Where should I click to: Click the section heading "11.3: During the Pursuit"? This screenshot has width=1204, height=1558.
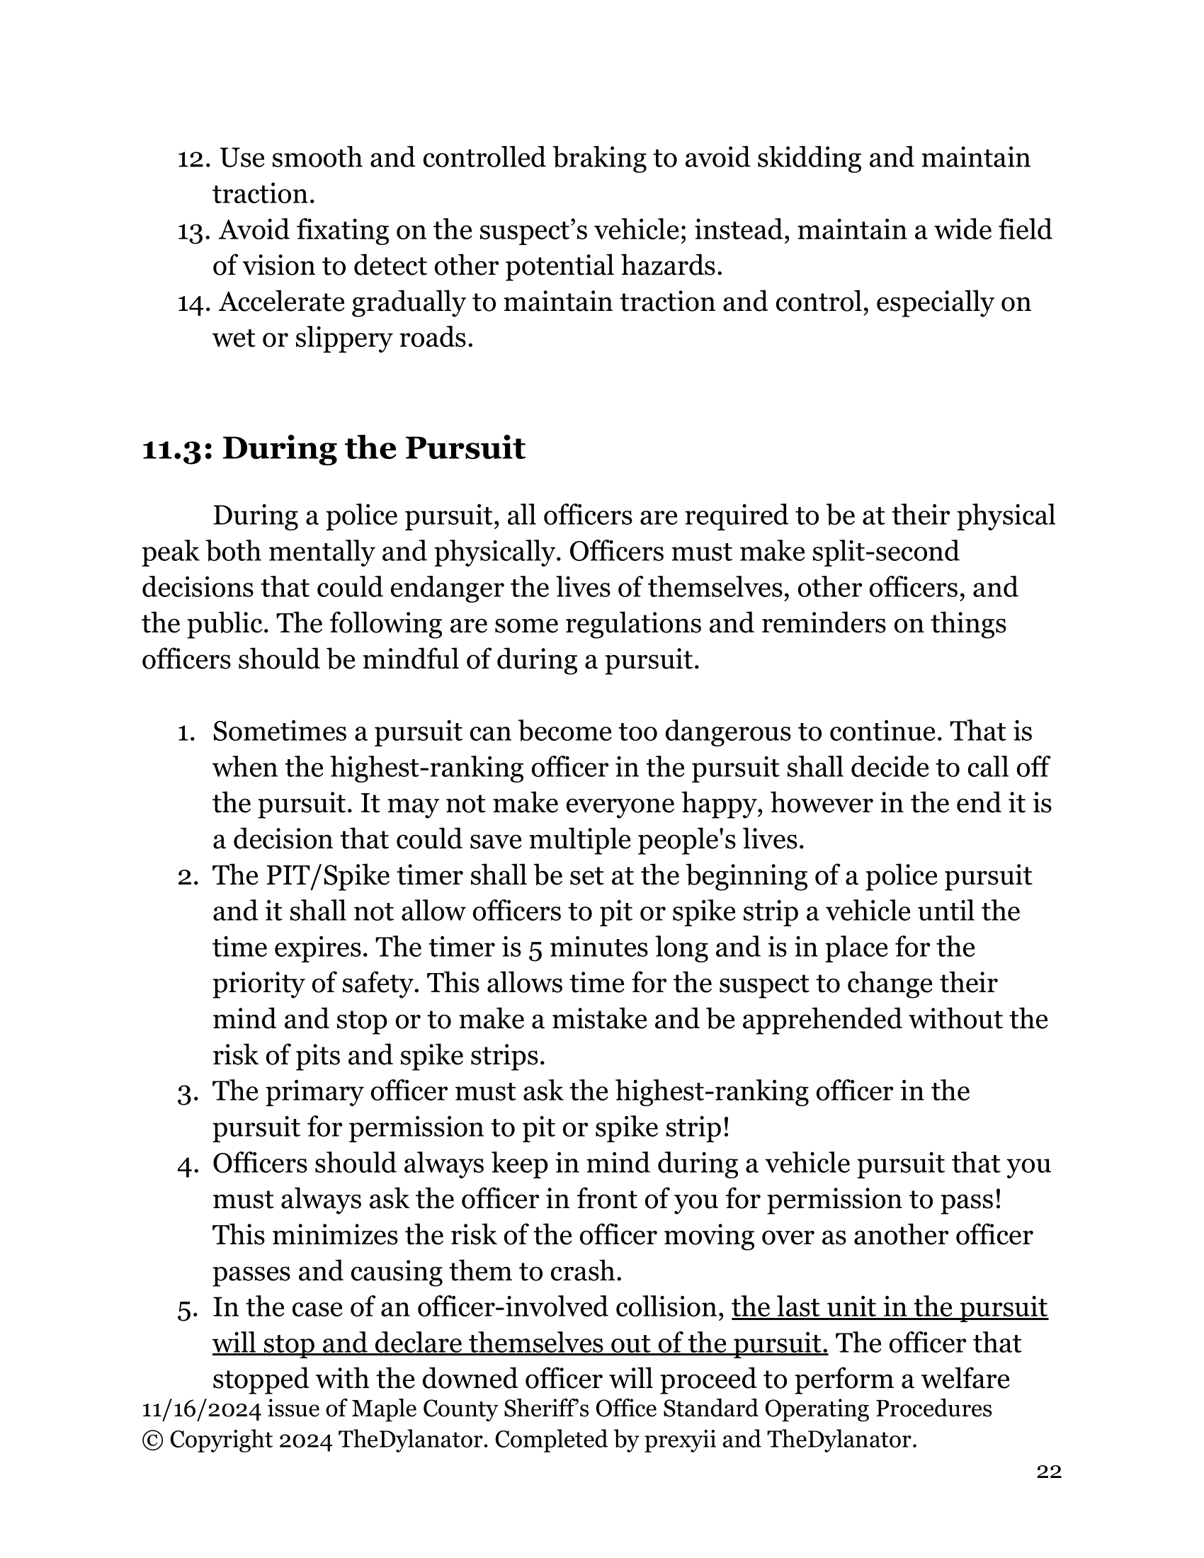333,449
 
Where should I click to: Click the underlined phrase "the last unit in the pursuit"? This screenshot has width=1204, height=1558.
890,1307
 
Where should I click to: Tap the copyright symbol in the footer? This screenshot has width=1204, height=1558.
152,1440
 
